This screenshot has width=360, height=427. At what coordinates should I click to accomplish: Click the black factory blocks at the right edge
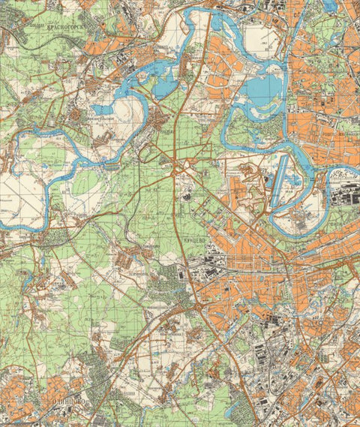(341, 197)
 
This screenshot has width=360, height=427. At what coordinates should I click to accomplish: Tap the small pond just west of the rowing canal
(267, 179)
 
